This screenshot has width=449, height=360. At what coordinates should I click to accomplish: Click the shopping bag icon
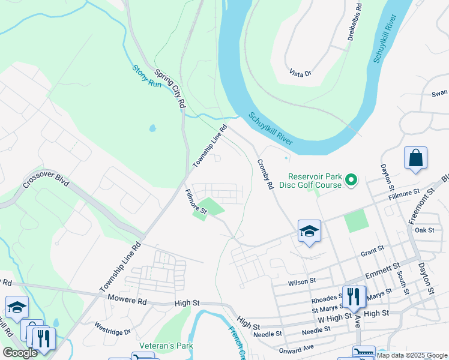pyautogui.click(x=415, y=159)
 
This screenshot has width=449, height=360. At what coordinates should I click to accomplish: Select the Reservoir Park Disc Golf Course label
pyautogui.click(x=315, y=181)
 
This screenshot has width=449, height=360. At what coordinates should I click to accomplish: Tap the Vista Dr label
pyautogui.click(x=300, y=73)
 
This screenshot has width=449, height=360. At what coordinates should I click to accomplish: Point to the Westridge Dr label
pyautogui.click(x=112, y=328)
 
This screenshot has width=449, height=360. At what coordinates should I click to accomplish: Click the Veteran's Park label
pyautogui.click(x=166, y=346)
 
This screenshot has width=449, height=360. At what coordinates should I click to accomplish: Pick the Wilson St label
pyautogui.click(x=301, y=281)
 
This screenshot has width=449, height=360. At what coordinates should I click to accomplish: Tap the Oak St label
pyautogui.click(x=424, y=230)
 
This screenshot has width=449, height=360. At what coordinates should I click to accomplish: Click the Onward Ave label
pyautogui.click(x=297, y=349)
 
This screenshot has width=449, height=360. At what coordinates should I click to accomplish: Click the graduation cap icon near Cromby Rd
pyautogui.click(x=309, y=231)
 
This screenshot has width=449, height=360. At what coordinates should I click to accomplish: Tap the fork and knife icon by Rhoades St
pyautogui.click(x=354, y=296)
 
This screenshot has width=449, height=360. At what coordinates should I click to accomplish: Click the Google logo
pyautogui.click(x=20, y=353)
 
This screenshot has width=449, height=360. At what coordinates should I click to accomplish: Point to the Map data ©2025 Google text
pyautogui.click(x=412, y=355)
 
